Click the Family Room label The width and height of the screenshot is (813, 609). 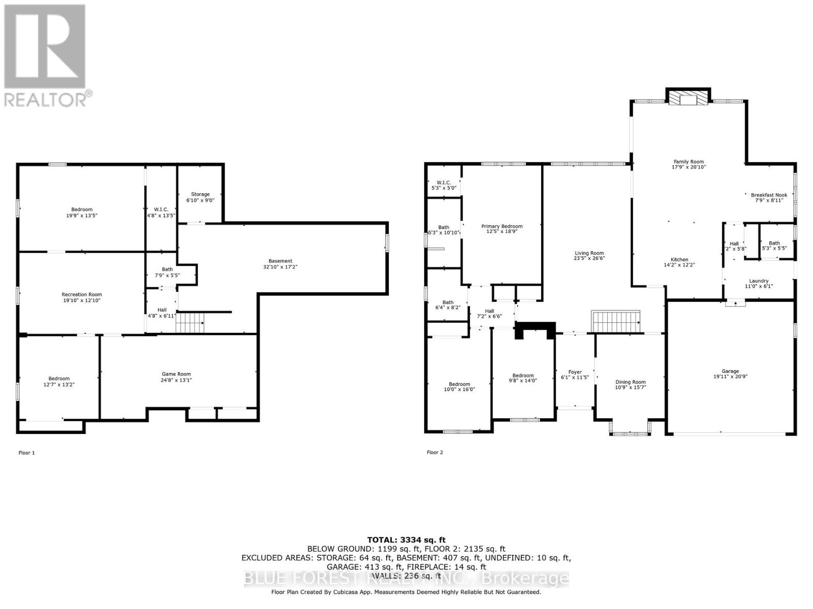pos(689,162)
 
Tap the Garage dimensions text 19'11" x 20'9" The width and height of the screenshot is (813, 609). pos(730,377)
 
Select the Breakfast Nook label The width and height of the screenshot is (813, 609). pos(769,195)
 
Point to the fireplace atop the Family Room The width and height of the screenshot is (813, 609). pos(688,98)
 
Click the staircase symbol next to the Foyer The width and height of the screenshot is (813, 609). pos(615,322)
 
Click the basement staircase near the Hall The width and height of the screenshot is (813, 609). pos(191,323)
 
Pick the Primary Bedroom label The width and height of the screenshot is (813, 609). pos(502,226)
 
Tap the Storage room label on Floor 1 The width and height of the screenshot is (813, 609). pos(200,194)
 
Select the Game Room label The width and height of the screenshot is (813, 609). pos(176,374)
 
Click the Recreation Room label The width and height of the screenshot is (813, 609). pos(82,294)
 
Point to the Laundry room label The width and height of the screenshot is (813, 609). pos(759,281)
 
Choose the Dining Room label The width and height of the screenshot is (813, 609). pos(630,382)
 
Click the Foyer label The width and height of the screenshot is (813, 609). pos(575,372)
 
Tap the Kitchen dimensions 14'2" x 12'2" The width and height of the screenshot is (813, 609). pos(679,265)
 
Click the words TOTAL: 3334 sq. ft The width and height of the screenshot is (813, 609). pos(406,540)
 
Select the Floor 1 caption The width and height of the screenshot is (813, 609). pos(26,453)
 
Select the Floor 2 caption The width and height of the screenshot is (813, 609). pos(435,452)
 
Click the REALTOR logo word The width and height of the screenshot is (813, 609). pos(46,99)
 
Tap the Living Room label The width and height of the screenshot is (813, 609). pos(589,253)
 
